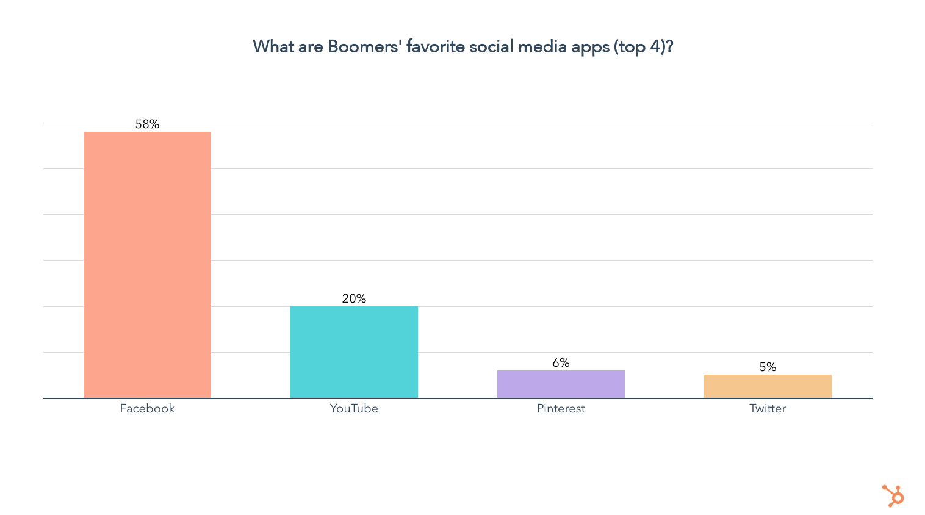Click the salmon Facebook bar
(x=147, y=265)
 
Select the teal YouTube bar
(x=354, y=352)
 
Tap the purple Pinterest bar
(x=561, y=384)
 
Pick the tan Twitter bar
(x=768, y=386)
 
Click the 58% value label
(x=147, y=124)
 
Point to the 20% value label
(x=354, y=299)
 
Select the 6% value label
(x=561, y=363)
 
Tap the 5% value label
(x=768, y=367)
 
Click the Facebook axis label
(x=147, y=409)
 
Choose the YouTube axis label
(x=354, y=409)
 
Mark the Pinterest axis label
(x=561, y=409)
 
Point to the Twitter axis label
(x=768, y=409)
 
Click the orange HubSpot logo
(x=893, y=495)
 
